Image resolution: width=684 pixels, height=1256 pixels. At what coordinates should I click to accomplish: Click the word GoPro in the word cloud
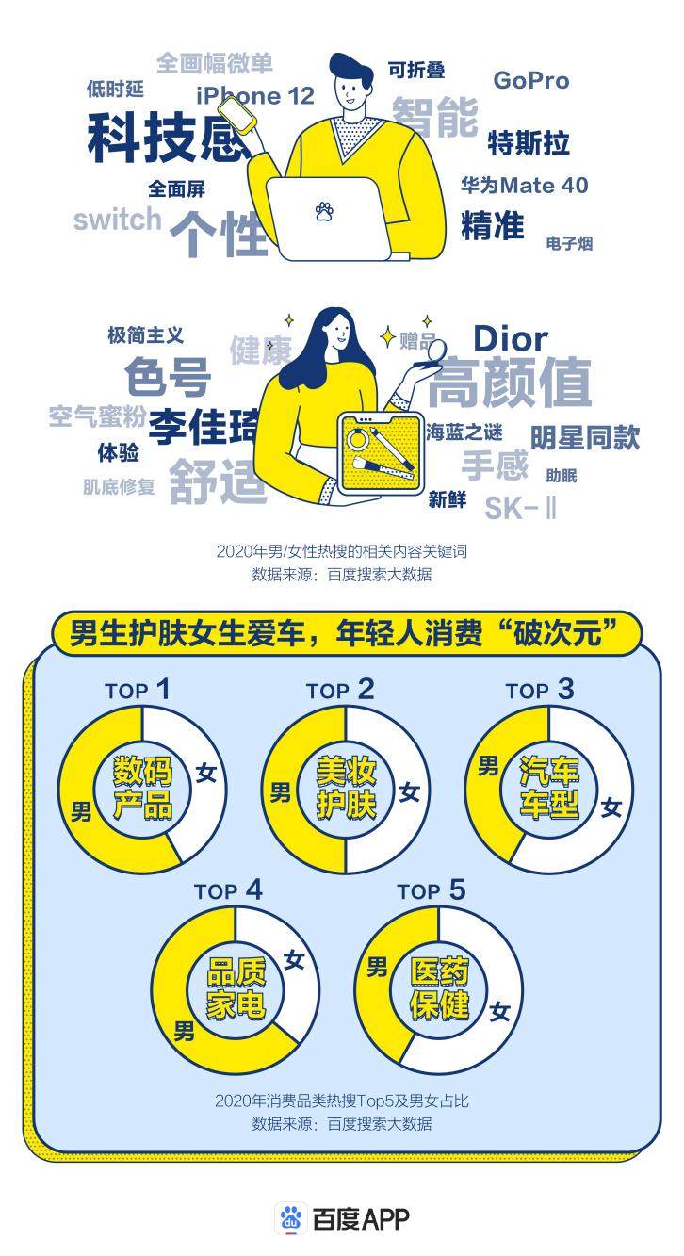point(531,81)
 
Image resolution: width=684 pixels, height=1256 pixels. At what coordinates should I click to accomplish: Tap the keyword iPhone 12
point(255,96)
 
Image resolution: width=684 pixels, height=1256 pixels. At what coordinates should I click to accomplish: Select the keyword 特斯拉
point(529,142)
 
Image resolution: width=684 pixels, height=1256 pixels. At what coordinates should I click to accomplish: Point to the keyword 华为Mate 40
point(525,185)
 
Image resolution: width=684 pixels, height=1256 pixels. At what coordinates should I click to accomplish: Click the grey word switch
point(118,219)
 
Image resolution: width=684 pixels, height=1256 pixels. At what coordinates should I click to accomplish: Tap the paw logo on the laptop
point(324,210)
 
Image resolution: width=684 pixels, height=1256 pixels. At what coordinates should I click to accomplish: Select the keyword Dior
point(511,339)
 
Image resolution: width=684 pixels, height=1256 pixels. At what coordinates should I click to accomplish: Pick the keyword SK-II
point(520,508)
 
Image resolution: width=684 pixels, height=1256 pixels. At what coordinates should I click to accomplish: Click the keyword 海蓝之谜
point(464,432)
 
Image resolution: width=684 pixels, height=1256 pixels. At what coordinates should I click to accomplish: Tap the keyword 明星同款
point(585,437)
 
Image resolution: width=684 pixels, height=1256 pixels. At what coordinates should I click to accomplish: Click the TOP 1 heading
point(138,690)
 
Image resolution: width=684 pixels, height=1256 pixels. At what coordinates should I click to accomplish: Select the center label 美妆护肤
point(347,788)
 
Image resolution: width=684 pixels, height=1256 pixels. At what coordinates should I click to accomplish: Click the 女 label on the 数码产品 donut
point(206,774)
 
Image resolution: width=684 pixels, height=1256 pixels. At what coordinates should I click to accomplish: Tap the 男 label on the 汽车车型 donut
point(488,766)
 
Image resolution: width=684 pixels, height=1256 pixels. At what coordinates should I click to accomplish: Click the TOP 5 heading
point(432,890)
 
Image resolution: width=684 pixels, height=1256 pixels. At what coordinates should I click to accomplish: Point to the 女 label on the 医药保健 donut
point(499,1013)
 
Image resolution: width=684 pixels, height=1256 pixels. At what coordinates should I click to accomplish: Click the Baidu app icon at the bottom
point(290,1219)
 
